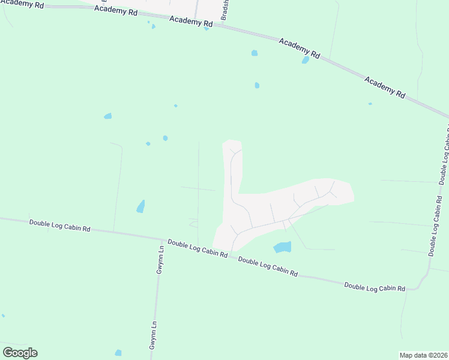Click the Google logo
pyautogui.click(x=20, y=353)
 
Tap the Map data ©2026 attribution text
pyautogui.click(x=423, y=355)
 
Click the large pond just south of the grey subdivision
pyautogui.click(x=282, y=247)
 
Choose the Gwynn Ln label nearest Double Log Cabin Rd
pyautogui.click(x=160, y=260)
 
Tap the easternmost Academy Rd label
pyautogui.click(x=384, y=88)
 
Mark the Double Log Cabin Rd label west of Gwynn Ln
pyautogui.click(x=59, y=226)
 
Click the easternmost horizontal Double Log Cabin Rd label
pyautogui.click(x=375, y=286)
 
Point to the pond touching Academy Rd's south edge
pyautogui.click(x=306, y=60)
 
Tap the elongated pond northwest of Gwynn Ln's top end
pyautogui.click(x=140, y=206)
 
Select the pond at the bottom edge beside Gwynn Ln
pyautogui.click(x=118, y=353)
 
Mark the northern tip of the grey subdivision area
pyautogui.click(x=232, y=141)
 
